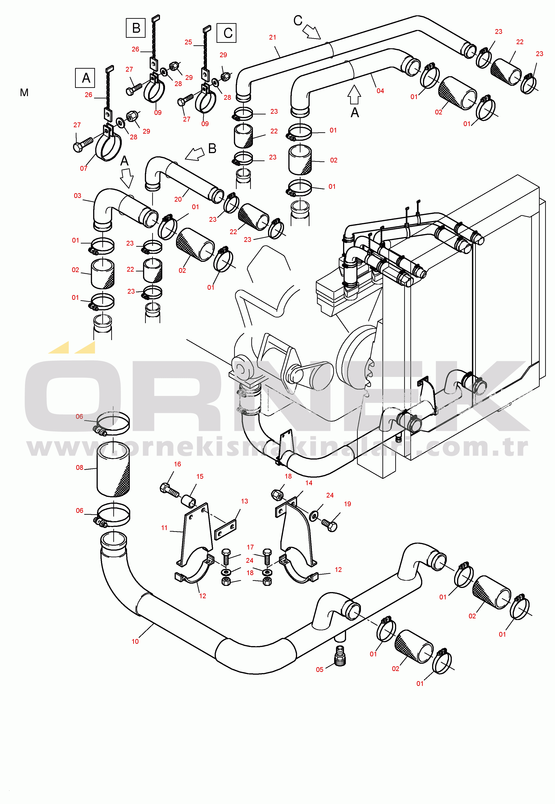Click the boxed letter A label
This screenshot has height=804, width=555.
(85, 78)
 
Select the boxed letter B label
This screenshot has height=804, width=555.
(136, 28)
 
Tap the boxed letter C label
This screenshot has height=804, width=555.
(226, 33)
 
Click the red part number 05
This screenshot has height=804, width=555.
(319, 669)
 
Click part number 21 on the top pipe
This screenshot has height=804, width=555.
(273, 37)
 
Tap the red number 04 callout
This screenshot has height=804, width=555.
(380, 91)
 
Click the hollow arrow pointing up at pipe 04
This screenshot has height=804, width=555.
(354, 95)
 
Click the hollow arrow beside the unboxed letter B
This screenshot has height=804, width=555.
(195, 154)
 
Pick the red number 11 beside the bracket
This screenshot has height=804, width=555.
(164, 528)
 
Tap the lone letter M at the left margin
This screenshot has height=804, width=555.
(24, 92)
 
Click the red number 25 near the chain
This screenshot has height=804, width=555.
(188, 42)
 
